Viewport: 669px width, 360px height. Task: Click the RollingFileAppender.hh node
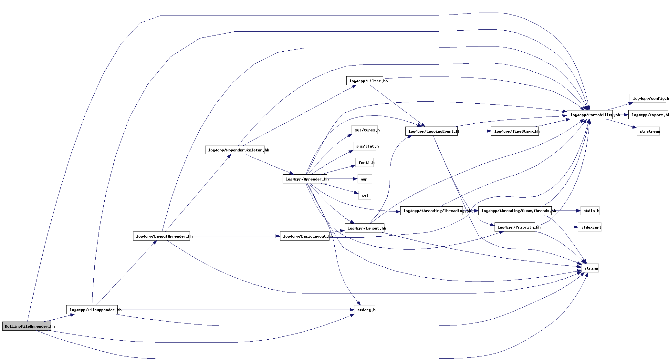[26, 326]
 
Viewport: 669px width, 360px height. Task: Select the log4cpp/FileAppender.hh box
[92, 310]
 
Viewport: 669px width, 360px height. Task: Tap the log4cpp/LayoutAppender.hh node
[161, 236]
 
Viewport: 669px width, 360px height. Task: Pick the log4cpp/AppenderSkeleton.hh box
[235, 150]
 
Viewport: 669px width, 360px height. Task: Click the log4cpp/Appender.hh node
[305, 179]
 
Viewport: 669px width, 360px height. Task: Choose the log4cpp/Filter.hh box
[364, 81]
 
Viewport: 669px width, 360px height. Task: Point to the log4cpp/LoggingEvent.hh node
[431, 131]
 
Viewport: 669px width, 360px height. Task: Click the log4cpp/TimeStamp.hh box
[515, 131]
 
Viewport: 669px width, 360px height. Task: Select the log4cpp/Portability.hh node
[590, 115]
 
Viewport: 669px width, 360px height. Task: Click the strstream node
[648, 131]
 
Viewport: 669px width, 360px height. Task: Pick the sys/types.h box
[364, 130]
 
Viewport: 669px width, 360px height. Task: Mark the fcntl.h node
[364, 162]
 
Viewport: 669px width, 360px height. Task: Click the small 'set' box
[364, 195]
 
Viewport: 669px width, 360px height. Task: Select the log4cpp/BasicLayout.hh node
[305, 236]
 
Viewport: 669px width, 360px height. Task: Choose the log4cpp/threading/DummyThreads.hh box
[515, 211]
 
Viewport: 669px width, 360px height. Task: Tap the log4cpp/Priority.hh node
[515, 227]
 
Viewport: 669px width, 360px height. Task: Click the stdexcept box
[590, 227]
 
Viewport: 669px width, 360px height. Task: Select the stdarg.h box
[364, 310]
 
